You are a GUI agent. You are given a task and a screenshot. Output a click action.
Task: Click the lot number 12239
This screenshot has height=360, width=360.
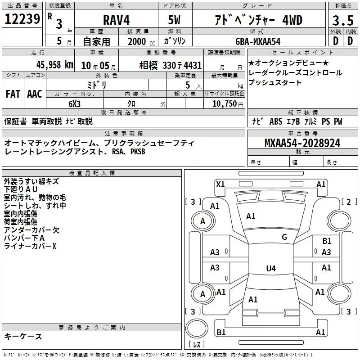[22, 19]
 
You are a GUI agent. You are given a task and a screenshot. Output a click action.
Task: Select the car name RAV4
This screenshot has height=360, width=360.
[116, 20]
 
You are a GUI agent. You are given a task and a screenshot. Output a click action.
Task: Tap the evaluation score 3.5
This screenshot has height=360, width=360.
[343, 21]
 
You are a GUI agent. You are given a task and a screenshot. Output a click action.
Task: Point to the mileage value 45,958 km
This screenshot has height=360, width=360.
[55, 65]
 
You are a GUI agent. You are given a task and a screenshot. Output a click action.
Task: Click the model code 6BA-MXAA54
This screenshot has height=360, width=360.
[258, 41]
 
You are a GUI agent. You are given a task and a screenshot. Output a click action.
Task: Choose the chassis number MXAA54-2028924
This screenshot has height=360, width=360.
[302, 143]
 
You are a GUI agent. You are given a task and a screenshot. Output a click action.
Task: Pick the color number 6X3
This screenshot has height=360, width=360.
[74, 104]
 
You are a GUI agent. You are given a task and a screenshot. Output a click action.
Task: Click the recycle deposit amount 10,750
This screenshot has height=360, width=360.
[224, 103]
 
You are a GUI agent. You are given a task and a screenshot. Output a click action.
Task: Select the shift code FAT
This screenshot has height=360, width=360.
[13, 94]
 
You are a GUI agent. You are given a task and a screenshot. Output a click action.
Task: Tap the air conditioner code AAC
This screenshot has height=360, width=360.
[35, 94]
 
